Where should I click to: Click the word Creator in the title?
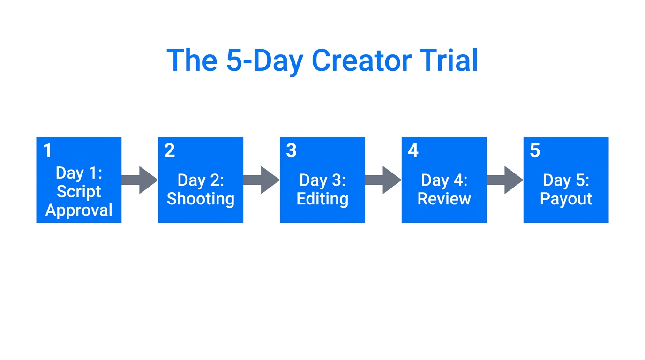[x=361, y=60]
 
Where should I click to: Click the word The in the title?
[x=191, y=60]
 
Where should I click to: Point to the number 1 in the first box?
[x=47, y=150]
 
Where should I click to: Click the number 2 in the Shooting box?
[x=169, y=150]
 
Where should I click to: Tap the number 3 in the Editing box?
[x=291, y=150]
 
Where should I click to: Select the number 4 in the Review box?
[x=413, y=150]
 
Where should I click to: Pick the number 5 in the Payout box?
[x=535, y=150]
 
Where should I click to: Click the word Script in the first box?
[x=79, y=192]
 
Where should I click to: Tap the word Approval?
[x=79, y=210]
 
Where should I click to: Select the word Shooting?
[x=201, y=199]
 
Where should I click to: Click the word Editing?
[x=322, y=199]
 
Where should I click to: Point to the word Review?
[x=444, y=199]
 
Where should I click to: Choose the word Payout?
[x=566, y=199]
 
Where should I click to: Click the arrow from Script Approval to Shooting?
[x=140, y=180]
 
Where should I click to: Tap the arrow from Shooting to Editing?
[x=262, y=180]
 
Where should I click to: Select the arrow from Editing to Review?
[x=383, y=180]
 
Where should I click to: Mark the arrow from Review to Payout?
[x=505, y=180]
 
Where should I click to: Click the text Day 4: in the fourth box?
[x=444, y=180]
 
